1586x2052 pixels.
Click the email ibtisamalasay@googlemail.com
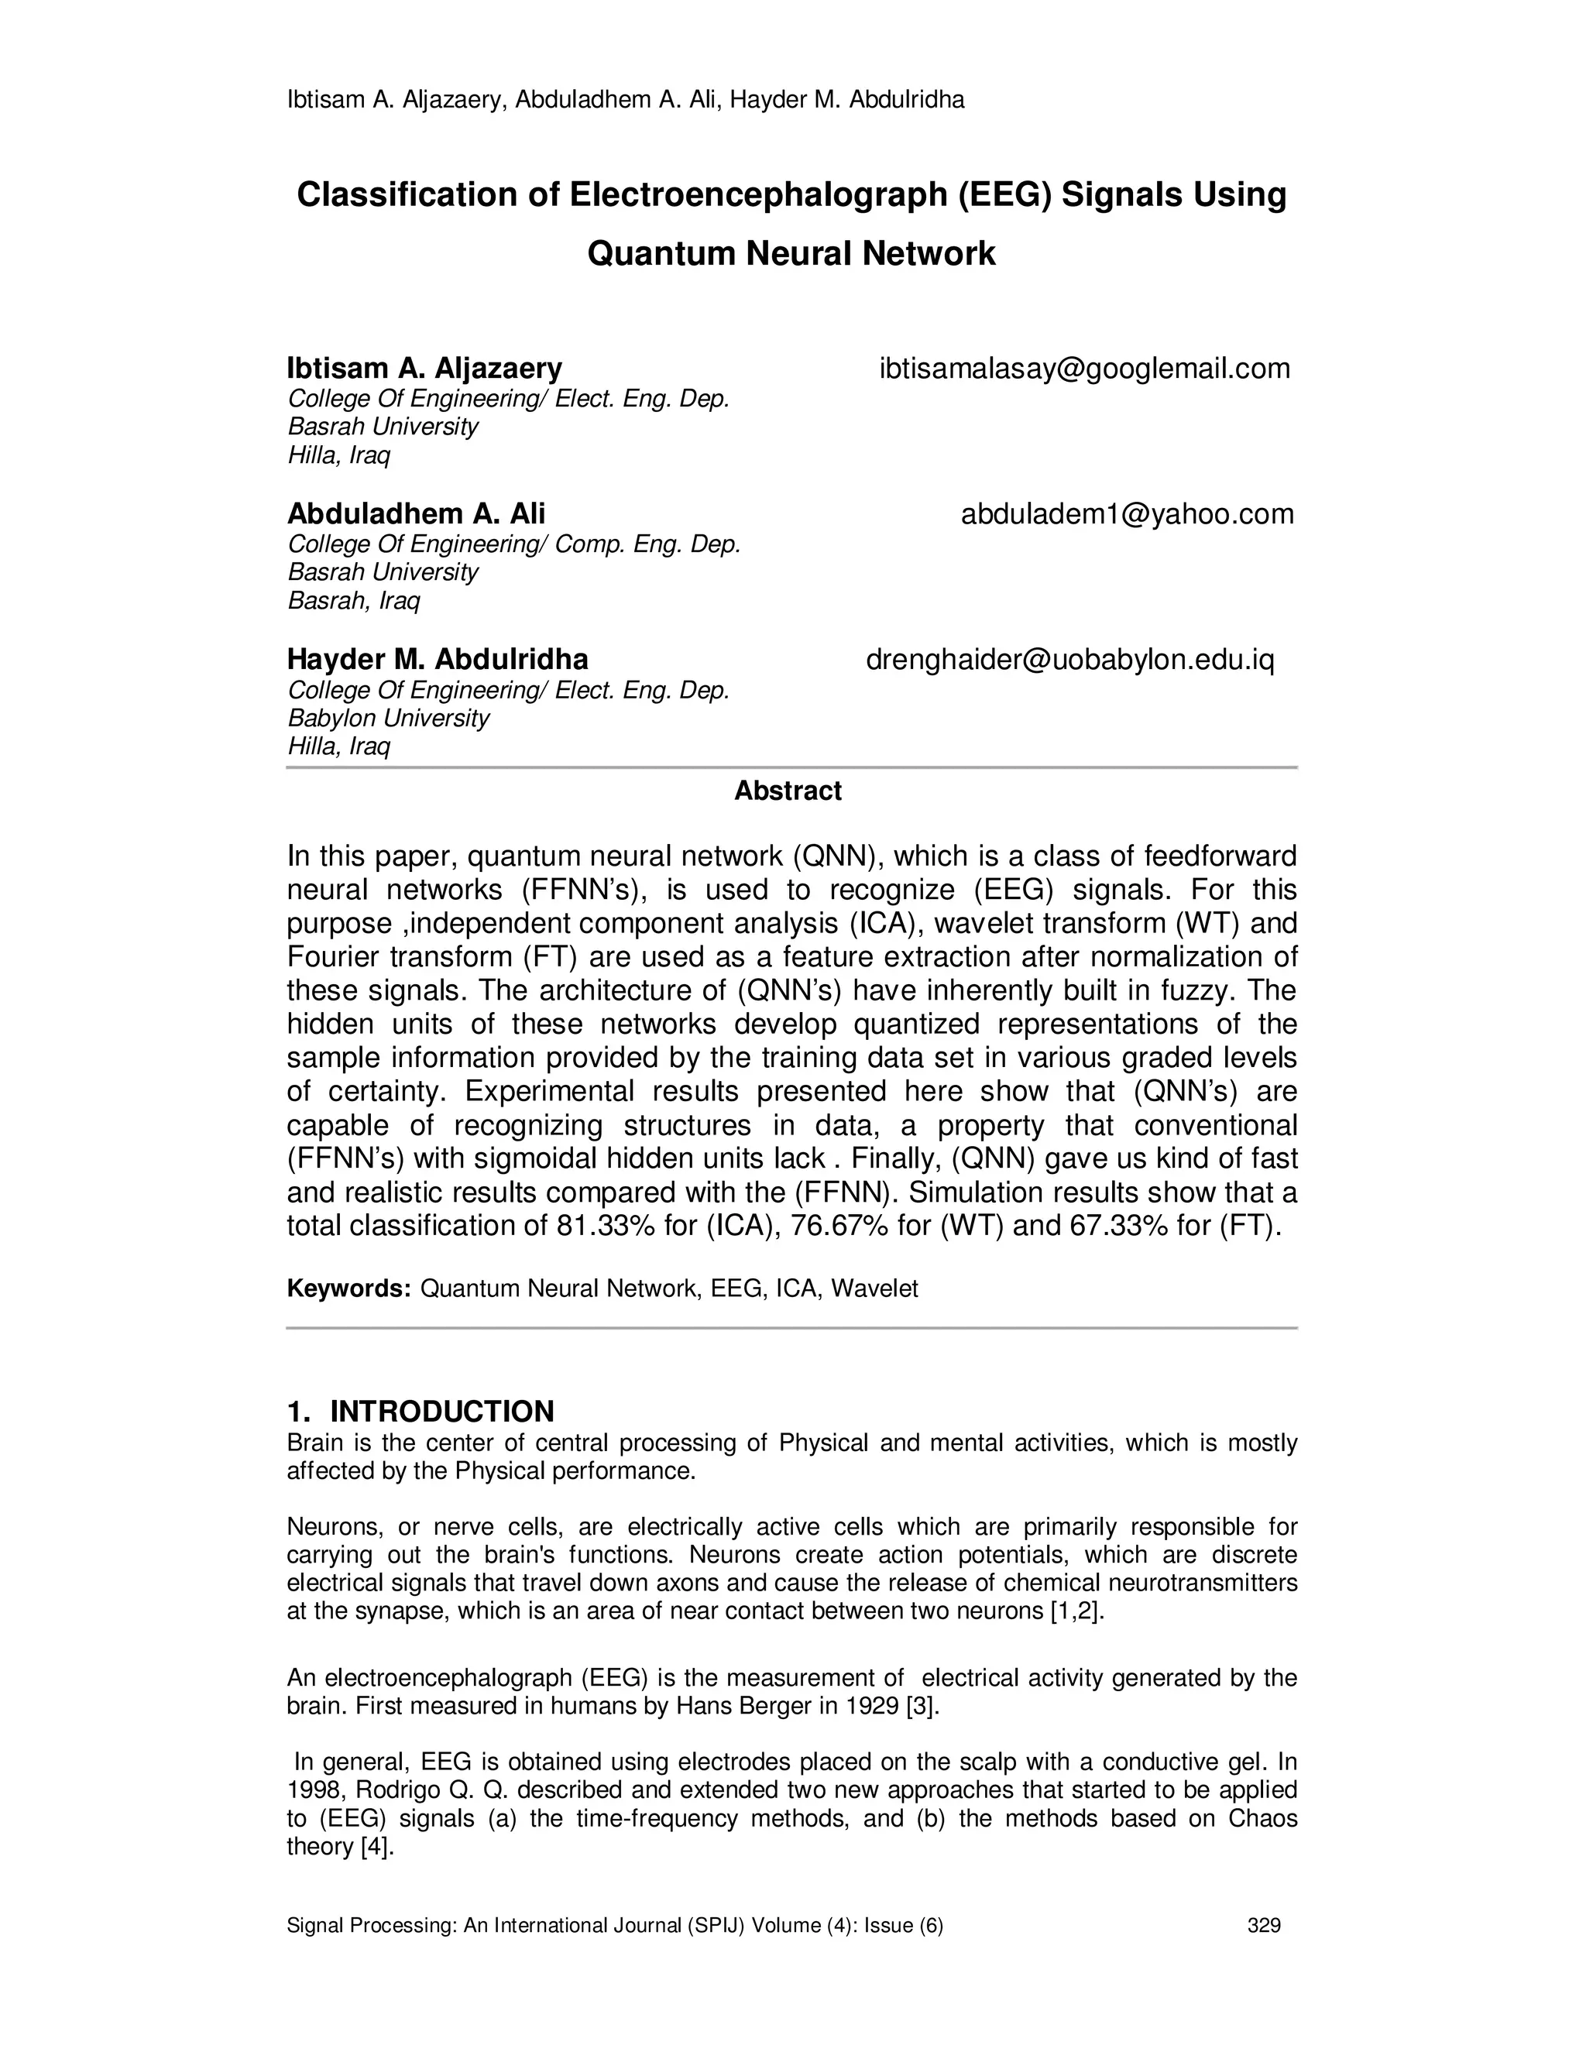[1084, 369]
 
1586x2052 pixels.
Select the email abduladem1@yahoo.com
[1127, 515]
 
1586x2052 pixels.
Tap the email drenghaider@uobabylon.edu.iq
[1069, 661]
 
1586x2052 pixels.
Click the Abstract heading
[788, 791]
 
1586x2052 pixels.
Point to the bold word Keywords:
[348, 1289]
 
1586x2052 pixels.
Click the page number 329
[1264, 1926]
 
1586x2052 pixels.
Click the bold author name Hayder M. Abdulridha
[437, 660]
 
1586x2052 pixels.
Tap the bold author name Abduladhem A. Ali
[415, 514]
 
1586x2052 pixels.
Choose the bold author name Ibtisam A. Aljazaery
[424, 369]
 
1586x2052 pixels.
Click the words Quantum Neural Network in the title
[791, 254]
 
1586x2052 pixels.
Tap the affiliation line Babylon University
[388, 719]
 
